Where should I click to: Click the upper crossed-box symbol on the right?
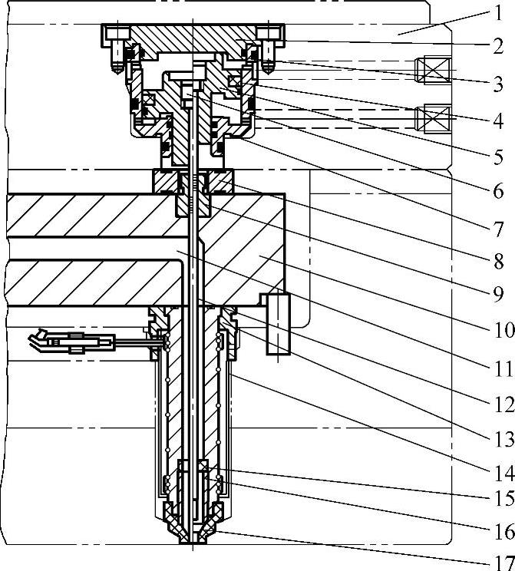[x=427, y=71]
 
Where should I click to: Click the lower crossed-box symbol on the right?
[x=427, y=119]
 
